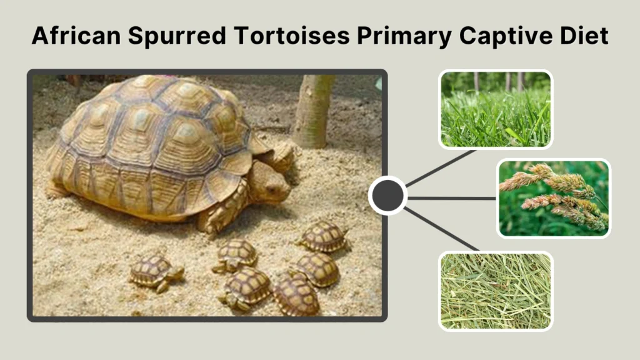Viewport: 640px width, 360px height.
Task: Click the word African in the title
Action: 74,37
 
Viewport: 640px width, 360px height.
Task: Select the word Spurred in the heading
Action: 179,37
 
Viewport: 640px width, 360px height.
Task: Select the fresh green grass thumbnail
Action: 496,109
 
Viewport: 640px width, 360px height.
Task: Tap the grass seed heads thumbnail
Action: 554,197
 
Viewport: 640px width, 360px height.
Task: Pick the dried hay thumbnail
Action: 496,291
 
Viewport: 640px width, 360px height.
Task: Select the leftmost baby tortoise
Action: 155,272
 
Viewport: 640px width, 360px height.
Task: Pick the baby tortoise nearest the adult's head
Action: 323,236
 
